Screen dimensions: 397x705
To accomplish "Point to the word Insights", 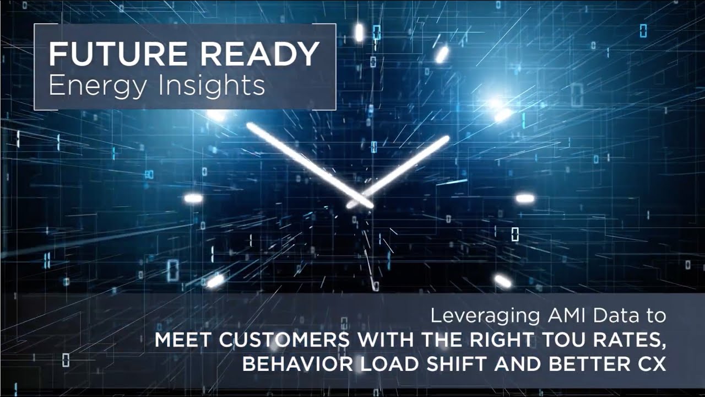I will click(210, 86).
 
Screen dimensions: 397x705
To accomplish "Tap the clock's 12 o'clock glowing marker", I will click(359, 33).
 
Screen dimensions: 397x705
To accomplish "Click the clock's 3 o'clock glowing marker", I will click(524, 198).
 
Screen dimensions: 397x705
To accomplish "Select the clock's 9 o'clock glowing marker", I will click(193, 198).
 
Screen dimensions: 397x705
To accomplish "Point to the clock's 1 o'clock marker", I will click(442, 54).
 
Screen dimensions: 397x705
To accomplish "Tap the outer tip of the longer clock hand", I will click(250, 126).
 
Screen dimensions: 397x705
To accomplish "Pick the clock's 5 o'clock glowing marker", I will click(502, 281).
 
